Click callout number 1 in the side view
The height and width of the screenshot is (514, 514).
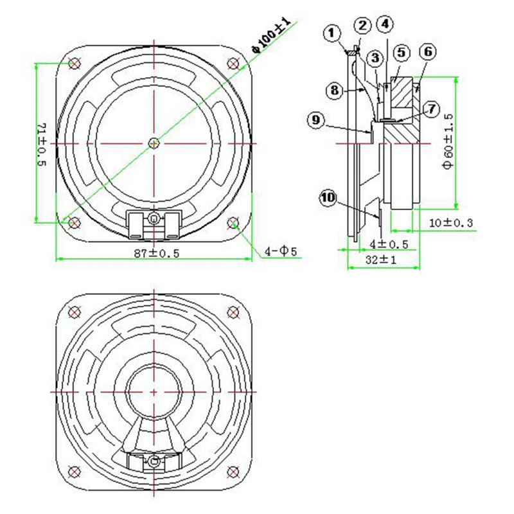[x=332, y=32]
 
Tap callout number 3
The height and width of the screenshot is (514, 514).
[x=375, y=58]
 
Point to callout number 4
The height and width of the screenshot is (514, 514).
[x=384, y=24]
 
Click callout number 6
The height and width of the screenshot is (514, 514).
[x=429, y=51]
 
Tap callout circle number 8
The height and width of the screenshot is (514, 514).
[x=334, y=91]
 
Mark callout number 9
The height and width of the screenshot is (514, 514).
[x=315, y=120]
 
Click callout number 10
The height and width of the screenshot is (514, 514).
[x=328, y=199]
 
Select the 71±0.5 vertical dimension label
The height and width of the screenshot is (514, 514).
[x=42, y=143]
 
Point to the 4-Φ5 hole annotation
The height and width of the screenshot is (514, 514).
[x=283, y=251]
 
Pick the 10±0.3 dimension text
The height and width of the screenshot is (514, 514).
[x=450, y=222]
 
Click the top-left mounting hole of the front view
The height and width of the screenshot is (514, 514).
[x=74, y=63]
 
